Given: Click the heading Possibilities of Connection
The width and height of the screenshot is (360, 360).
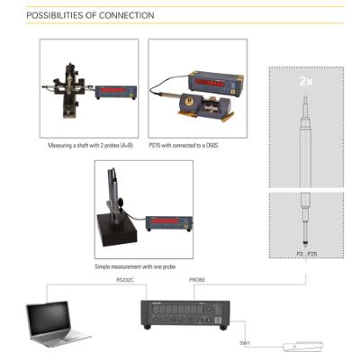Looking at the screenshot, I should coord(90,15).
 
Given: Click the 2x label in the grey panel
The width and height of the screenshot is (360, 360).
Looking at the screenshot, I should coord(306,80).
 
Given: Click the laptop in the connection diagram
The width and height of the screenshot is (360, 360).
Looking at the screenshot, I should coord(56,322).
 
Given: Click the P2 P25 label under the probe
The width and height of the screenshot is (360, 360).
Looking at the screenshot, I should coord(306,255).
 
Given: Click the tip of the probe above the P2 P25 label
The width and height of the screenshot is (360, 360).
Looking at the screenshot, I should coord(306,244).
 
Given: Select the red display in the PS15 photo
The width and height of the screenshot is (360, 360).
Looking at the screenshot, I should coord(210,83).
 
